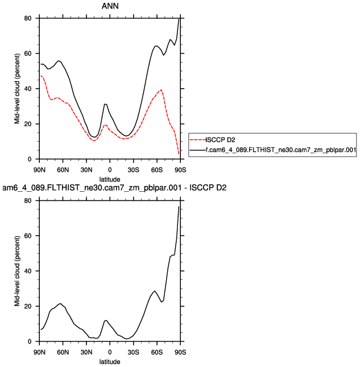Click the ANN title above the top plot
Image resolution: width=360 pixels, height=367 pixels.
click(x=109, y=7)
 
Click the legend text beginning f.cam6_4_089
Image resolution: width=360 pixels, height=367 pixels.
click(x=281, y=150)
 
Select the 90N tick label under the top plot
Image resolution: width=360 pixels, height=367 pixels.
click(x=39, y=169)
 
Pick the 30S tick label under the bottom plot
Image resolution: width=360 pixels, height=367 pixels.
click(x=133, y=352)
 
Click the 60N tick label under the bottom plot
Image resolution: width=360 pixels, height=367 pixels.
click(x=63, y=352)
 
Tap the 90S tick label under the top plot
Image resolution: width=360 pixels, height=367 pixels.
click(x=180, y=169)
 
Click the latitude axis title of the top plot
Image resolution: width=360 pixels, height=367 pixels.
click(x=109, y=179)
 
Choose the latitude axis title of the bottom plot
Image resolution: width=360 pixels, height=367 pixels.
click(x=109, y=361)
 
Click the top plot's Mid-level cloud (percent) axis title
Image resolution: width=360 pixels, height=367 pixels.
click(x=18, y=89)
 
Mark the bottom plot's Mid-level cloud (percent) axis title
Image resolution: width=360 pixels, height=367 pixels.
click(x=18, y=271)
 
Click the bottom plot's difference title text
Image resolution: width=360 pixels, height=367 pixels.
click(x=114, y=188)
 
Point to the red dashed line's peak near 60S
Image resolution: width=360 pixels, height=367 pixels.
click(x=162, y=90)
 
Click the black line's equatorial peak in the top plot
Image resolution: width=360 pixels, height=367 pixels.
click(x=105, y=104)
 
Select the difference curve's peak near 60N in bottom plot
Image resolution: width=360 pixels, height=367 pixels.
click(x=60, y=303)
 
